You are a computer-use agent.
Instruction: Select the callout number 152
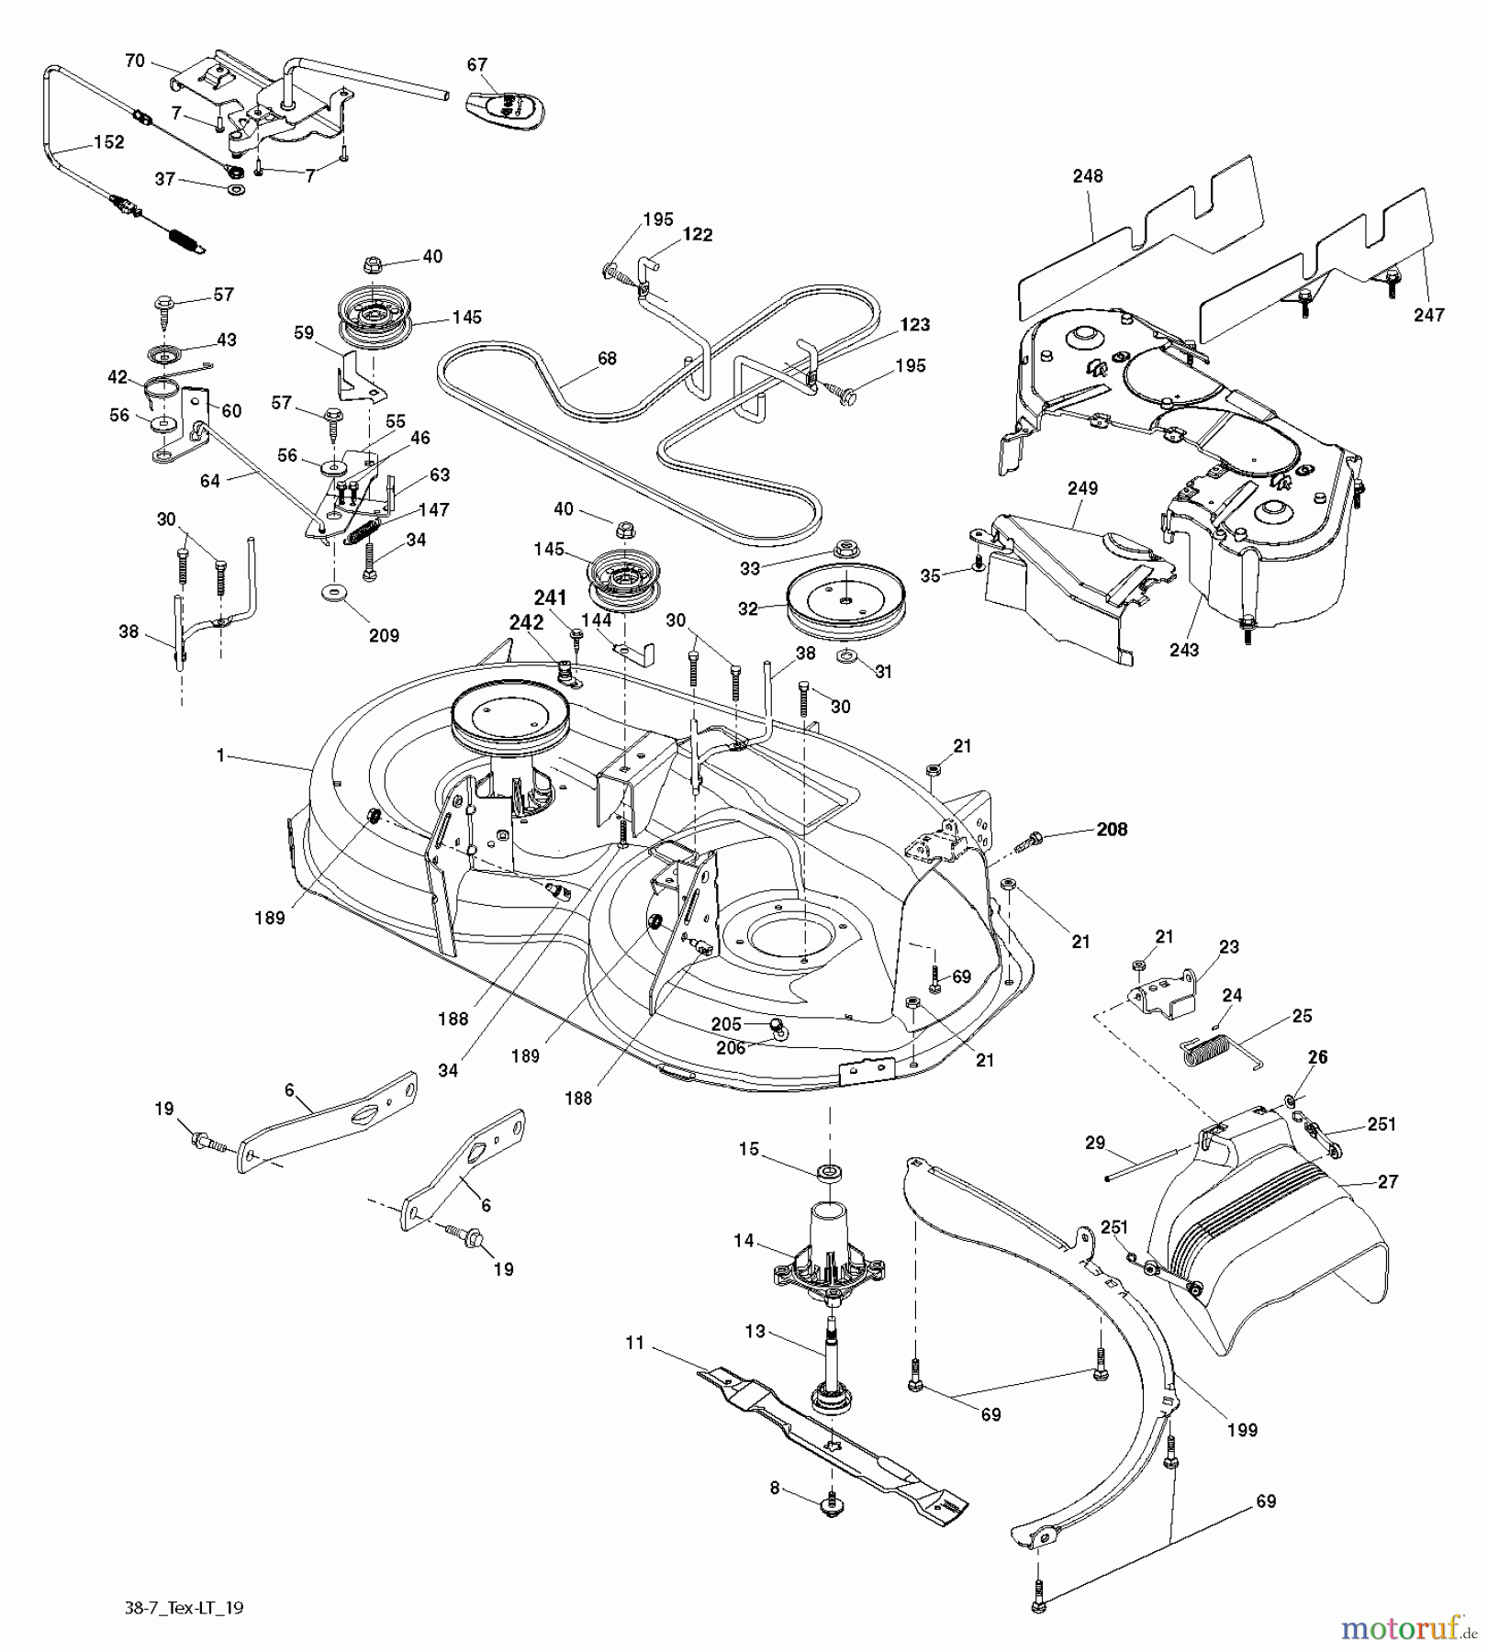[x=108, y=143]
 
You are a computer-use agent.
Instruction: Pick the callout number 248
[x=1087, y=175]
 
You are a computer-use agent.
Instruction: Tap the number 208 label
[x=1112, y=829]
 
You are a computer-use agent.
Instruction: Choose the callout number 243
[x=1184, y=650]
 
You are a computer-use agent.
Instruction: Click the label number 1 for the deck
[x=220, y=754]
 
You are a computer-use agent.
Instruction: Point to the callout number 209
[x=384, y=634]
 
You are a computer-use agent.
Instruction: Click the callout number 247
[x=1428, y=315]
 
